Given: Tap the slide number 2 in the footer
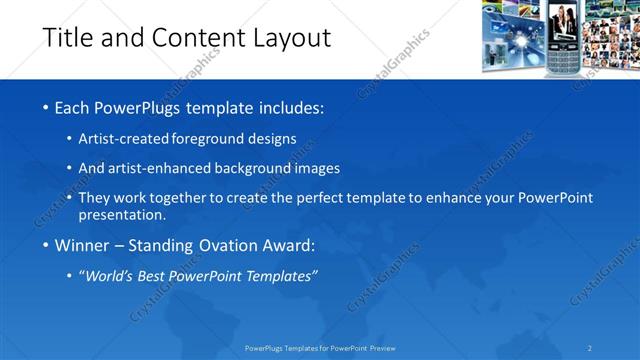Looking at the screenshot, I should coord(590,348).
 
